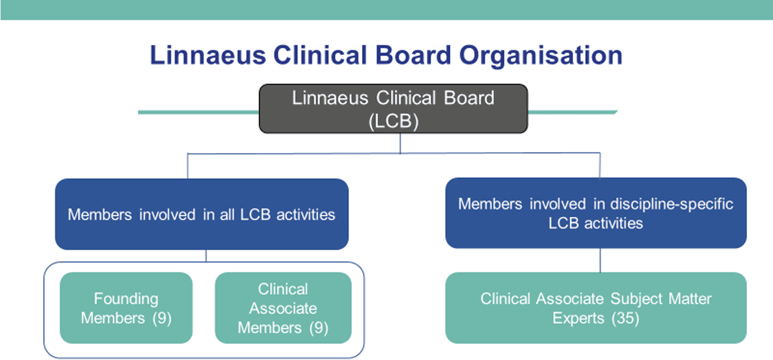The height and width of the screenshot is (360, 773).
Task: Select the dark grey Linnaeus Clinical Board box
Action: click(393, 108)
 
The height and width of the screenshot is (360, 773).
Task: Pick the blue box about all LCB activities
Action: click(201, 214)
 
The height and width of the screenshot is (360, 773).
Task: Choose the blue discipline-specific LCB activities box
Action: click(596, 213)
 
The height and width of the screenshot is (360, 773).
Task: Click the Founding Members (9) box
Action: click(126, 308)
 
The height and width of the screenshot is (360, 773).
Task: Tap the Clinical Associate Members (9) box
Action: click(283, 308)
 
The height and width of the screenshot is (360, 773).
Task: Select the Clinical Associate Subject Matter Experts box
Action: click(596, 308)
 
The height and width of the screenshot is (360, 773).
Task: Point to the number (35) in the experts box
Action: click(625, 318)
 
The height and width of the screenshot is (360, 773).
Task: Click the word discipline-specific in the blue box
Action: click(672, 204)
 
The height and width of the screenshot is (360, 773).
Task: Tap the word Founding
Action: click(126, 299)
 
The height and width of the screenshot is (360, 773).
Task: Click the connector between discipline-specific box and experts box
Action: click(600, 260)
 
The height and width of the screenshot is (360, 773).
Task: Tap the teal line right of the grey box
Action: click(572, 112)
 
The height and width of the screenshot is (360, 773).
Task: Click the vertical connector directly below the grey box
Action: click(400, 143)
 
